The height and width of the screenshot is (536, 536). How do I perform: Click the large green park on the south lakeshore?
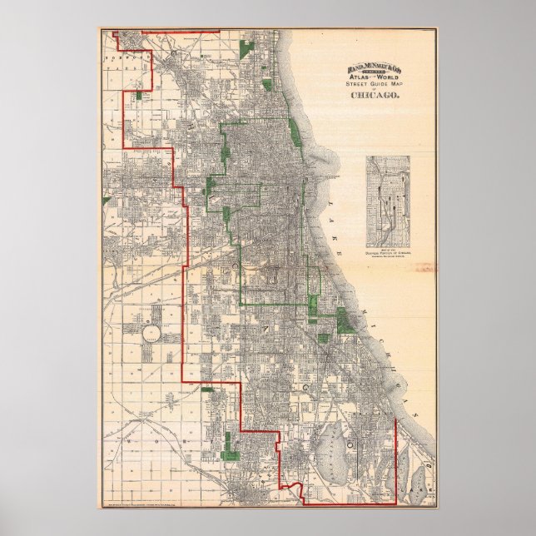[345, 320]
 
